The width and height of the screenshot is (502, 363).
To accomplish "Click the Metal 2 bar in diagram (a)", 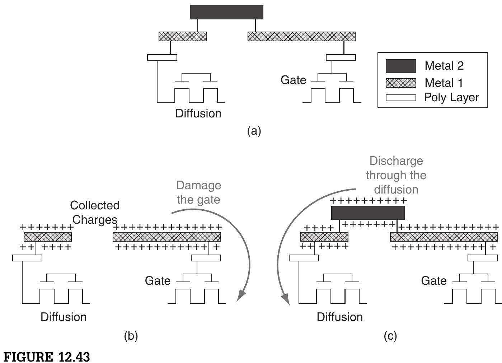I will click(x=226, y=12).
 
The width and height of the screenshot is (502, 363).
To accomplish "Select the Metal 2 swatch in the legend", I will click(x=401, y=66).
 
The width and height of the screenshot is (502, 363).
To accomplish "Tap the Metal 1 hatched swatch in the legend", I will click(x=401, y=83).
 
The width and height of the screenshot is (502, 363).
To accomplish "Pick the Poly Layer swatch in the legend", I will click(x=401, y=98).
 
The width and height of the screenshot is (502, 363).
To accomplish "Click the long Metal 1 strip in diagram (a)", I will click(x=301, y=36).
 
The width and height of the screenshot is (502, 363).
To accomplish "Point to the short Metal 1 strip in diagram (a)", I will click(x=183, y=36).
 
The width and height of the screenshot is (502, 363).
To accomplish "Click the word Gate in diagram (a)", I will click(x=293, y=80).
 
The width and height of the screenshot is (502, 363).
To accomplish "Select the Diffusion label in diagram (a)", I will click(x=198, y=113).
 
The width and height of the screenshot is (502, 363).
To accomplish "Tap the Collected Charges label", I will click(x=94, y=212).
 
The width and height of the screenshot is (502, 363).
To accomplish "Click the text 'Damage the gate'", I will click(x=198, y=192).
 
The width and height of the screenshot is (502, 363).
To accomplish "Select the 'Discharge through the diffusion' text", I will click(x=396, y=175).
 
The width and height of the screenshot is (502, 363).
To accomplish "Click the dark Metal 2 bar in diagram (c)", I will click(x=368, y=213).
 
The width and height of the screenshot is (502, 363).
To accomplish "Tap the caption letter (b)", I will click(x=131, y=336).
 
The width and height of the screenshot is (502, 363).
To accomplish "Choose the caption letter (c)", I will click(x=390, y=336).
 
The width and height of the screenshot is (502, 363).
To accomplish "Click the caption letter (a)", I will click(x=254, y=131).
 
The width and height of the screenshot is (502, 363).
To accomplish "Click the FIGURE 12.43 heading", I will click(x=47, y=357).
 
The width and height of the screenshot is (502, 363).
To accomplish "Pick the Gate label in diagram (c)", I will click(x=433, y=280).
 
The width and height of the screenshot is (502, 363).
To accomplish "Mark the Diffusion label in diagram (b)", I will click(x=64, y=317).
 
